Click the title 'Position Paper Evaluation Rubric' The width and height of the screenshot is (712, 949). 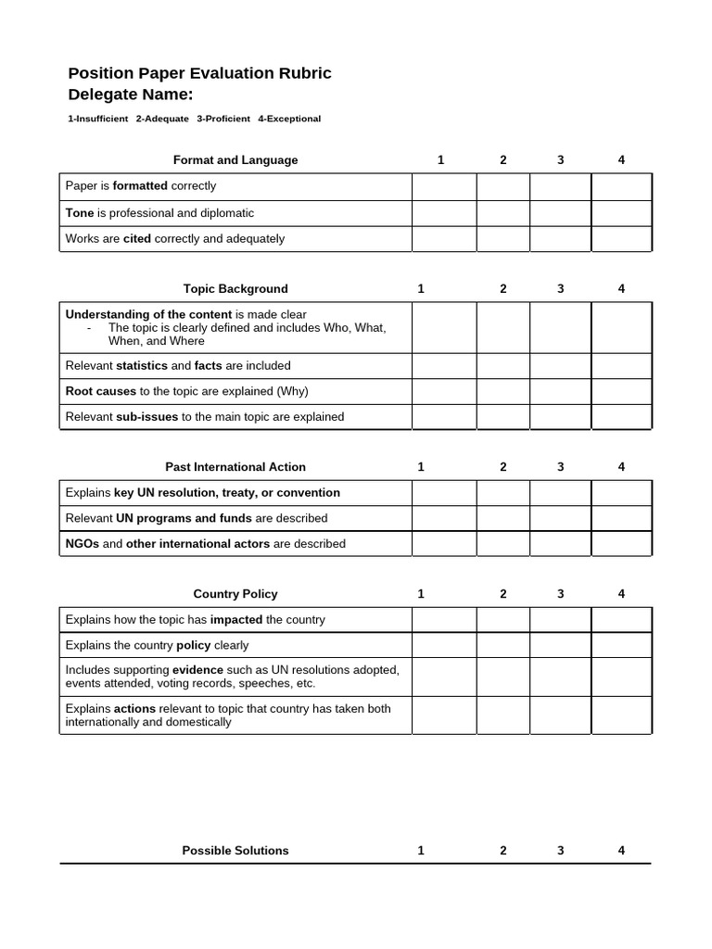(199, 73)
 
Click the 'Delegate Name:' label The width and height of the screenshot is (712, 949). (131, 95)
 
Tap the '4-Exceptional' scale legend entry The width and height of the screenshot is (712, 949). (289, 119)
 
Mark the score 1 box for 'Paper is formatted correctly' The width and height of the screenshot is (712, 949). (444, 186)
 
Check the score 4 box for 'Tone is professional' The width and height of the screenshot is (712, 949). (621, 213)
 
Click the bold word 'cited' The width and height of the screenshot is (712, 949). (137, 239)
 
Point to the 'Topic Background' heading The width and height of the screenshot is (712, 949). (235, 289)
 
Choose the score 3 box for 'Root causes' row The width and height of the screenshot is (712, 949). (560, 392)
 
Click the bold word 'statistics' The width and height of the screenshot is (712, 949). (142, 366)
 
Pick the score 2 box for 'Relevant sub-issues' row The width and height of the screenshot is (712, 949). (503, 417)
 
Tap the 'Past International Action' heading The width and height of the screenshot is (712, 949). (235, 467)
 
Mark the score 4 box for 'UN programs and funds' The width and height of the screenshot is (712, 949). (621, 518)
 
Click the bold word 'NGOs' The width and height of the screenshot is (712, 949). (83, 544)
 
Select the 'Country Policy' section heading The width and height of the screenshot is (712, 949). (235, 594)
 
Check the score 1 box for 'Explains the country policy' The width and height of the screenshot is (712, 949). (444, 645)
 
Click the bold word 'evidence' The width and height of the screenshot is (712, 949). (197, 669)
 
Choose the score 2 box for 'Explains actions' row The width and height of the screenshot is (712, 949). (503, 715)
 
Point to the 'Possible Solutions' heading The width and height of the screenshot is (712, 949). (235, 851)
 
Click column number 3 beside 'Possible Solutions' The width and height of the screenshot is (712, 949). (560, 851)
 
